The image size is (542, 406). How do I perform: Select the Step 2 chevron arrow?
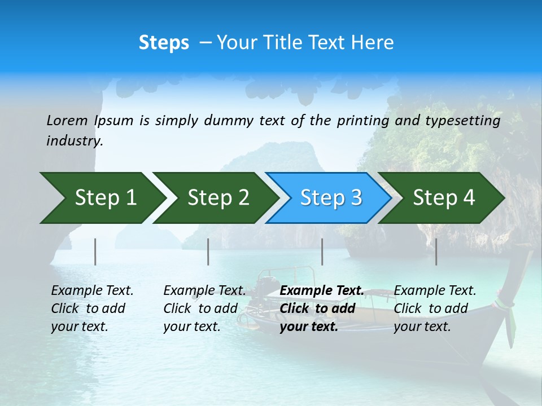coord(215,198)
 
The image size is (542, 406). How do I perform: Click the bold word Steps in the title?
coord(164,43)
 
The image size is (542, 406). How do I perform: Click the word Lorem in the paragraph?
coord(67,120)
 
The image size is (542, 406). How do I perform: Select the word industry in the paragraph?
coord(74,140)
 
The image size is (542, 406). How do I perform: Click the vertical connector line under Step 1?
coord(95,251)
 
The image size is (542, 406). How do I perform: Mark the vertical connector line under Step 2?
coord(208,251)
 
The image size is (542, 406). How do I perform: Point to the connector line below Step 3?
coord(322,251)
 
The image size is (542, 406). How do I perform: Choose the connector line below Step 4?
coord(436,251)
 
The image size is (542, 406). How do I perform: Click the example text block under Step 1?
coord(92,308)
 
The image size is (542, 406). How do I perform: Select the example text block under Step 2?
coord(204,308)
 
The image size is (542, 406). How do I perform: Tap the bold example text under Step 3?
coord(322,308)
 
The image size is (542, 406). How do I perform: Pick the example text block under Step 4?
coord(435,308)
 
